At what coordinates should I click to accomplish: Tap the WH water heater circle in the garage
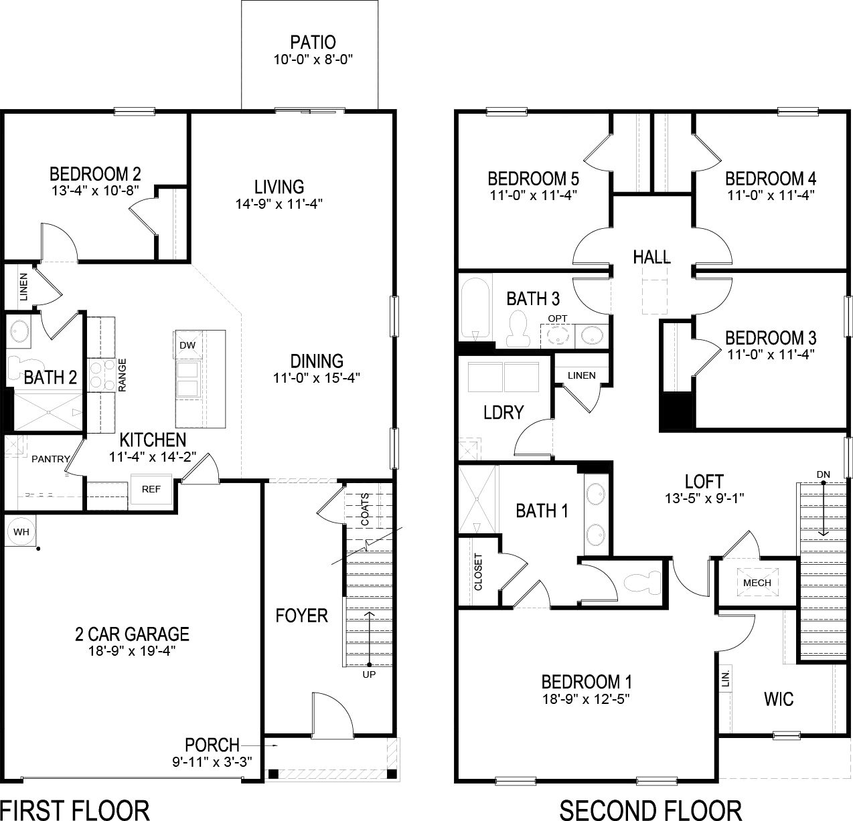tap(21, 532)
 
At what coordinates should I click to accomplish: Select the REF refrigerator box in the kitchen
tap(151, 489)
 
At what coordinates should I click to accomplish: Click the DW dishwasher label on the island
tap(187, 345)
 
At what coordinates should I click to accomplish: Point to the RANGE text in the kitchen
tap(123, 375)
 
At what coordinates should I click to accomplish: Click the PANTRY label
tap(50, 459)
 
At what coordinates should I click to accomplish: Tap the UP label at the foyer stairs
tap(369, 674)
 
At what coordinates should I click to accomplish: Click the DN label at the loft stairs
tap(823, 474)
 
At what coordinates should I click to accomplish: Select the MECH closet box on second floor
tap(757, 582)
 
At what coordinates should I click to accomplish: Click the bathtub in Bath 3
tap(475, 309)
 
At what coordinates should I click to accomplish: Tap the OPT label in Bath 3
tap(556, 317)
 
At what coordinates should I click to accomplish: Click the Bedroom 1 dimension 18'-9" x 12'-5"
tap(587, 699)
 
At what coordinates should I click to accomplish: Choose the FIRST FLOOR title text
tap(74, 809)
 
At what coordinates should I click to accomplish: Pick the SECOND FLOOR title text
tap(650, 809)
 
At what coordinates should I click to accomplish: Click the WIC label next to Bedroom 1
tap(779, 699)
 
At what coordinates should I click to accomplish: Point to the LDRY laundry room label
tap(503, 412)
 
